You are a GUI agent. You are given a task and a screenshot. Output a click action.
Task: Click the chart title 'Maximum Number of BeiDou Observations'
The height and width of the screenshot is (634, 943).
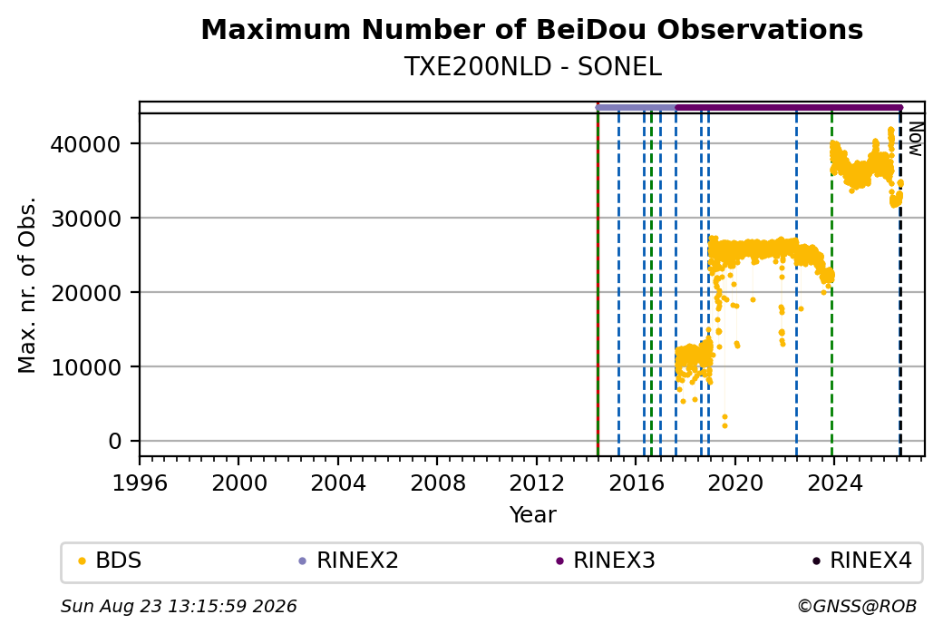[x=531, y=29]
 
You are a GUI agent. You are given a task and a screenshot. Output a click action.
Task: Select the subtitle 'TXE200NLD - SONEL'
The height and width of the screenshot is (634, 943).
[x=533, y=67]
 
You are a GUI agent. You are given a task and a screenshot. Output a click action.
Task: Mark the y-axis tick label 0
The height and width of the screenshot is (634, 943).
[x=115, y=442]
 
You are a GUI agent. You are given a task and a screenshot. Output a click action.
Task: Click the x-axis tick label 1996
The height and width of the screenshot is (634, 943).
[x=140, y=483]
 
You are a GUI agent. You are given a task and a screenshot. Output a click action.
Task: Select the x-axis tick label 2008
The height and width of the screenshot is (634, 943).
[x=437, y=483]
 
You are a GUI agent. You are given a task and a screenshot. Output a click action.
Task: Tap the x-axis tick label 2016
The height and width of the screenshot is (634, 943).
[x=637, y=483]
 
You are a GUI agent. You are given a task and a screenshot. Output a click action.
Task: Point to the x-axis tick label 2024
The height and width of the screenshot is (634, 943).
[x=835, y=483]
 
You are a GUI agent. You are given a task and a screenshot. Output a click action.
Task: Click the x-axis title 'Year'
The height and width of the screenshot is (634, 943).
[x=533, y=515]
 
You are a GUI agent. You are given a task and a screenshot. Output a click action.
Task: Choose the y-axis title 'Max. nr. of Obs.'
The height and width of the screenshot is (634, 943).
[x=27, y=285]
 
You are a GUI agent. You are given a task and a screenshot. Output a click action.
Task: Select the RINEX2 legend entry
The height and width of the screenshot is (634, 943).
[x=349, y=561]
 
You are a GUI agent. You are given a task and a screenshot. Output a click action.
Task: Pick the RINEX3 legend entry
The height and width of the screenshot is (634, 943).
[x=606, y=561]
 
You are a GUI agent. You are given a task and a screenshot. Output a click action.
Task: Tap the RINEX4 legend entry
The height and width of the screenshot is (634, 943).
[x=862, y=561]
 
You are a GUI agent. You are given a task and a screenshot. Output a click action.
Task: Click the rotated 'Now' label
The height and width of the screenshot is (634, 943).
[x=915, y=139]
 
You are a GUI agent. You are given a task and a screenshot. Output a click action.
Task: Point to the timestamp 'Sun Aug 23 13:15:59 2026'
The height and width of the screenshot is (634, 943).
[x=179, y=606]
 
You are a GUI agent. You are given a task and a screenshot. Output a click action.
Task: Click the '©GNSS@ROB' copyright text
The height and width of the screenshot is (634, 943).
[x=857, y=606]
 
